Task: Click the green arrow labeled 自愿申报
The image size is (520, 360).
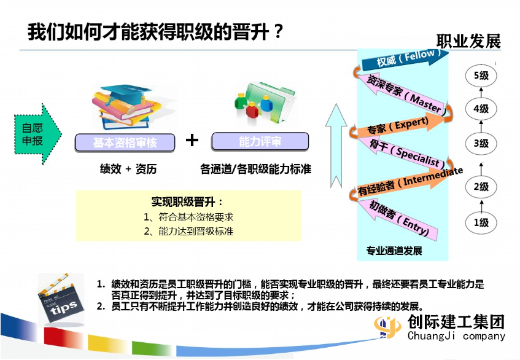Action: [37, 134]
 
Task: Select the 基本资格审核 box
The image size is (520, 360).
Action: [125, 143]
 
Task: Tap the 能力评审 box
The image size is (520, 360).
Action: [260, 141]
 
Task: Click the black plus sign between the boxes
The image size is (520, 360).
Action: [192, 140]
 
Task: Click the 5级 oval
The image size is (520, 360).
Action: [481, 76]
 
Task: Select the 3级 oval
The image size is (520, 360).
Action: [481, 143]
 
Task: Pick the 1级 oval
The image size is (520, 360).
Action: [481, 222]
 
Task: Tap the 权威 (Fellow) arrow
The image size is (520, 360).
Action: [405, 59]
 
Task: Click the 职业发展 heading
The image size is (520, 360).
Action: [468, 42]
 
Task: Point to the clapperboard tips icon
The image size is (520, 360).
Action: [61, 299]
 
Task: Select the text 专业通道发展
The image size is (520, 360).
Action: [394, 251]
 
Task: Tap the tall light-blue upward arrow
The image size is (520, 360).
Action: [336, 146]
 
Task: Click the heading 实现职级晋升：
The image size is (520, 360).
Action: [188, 202]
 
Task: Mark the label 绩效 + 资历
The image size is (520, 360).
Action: [128, 169]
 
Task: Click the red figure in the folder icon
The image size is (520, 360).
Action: [252, 110]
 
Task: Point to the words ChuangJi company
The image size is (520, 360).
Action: [456, 336]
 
